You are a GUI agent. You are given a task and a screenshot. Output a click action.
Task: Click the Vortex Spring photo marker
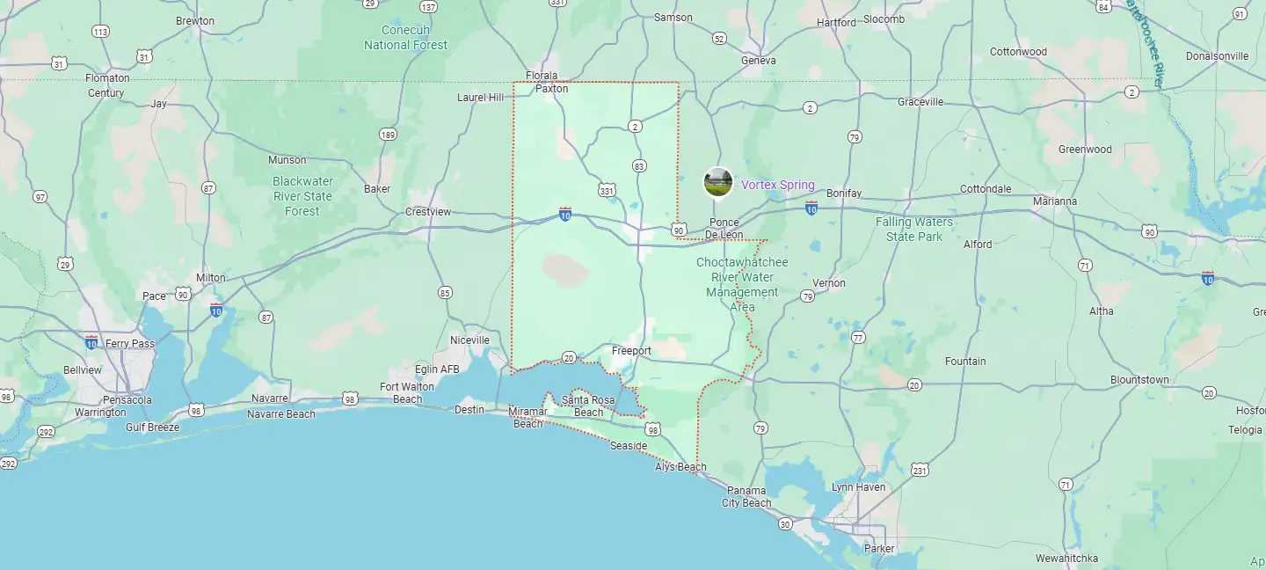click(718, 182)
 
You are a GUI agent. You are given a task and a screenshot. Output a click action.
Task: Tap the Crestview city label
click(428, 212)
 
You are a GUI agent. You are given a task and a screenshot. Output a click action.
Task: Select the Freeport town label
click(631, 351)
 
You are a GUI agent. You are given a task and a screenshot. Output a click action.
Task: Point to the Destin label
click(469, 410)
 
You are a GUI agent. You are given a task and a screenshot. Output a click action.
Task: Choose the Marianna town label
click(1055, 201)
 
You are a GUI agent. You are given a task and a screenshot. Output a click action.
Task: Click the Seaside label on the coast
click(629, 446)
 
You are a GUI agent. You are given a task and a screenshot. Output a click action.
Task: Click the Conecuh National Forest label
click(405, 38)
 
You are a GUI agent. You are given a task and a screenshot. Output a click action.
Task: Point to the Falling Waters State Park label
click(914, 229)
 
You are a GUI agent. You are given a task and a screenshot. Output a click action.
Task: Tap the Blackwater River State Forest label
click(302, 196)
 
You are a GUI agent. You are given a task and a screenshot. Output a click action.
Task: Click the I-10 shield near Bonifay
click(811, 208)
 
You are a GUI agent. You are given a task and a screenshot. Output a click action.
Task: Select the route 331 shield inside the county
click(607, 190)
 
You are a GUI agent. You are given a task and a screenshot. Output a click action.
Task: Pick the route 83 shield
click(639, 166)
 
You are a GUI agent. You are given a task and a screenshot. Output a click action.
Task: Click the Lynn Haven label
click(859, 487)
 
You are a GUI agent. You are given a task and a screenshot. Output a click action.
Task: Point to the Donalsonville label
click(1217, 56)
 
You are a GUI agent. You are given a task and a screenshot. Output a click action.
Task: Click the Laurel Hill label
click(481, 98)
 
